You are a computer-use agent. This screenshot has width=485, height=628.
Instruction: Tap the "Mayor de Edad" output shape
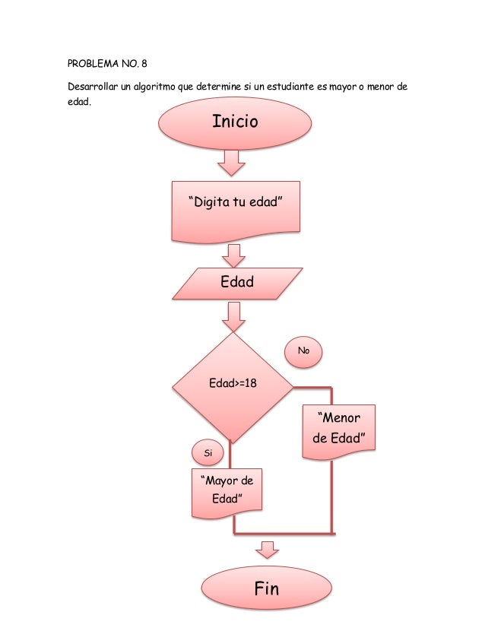pos(226,492)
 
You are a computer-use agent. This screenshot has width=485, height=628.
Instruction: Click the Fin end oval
pos(266,590)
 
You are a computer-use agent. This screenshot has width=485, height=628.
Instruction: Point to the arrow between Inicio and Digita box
pos(233,163)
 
